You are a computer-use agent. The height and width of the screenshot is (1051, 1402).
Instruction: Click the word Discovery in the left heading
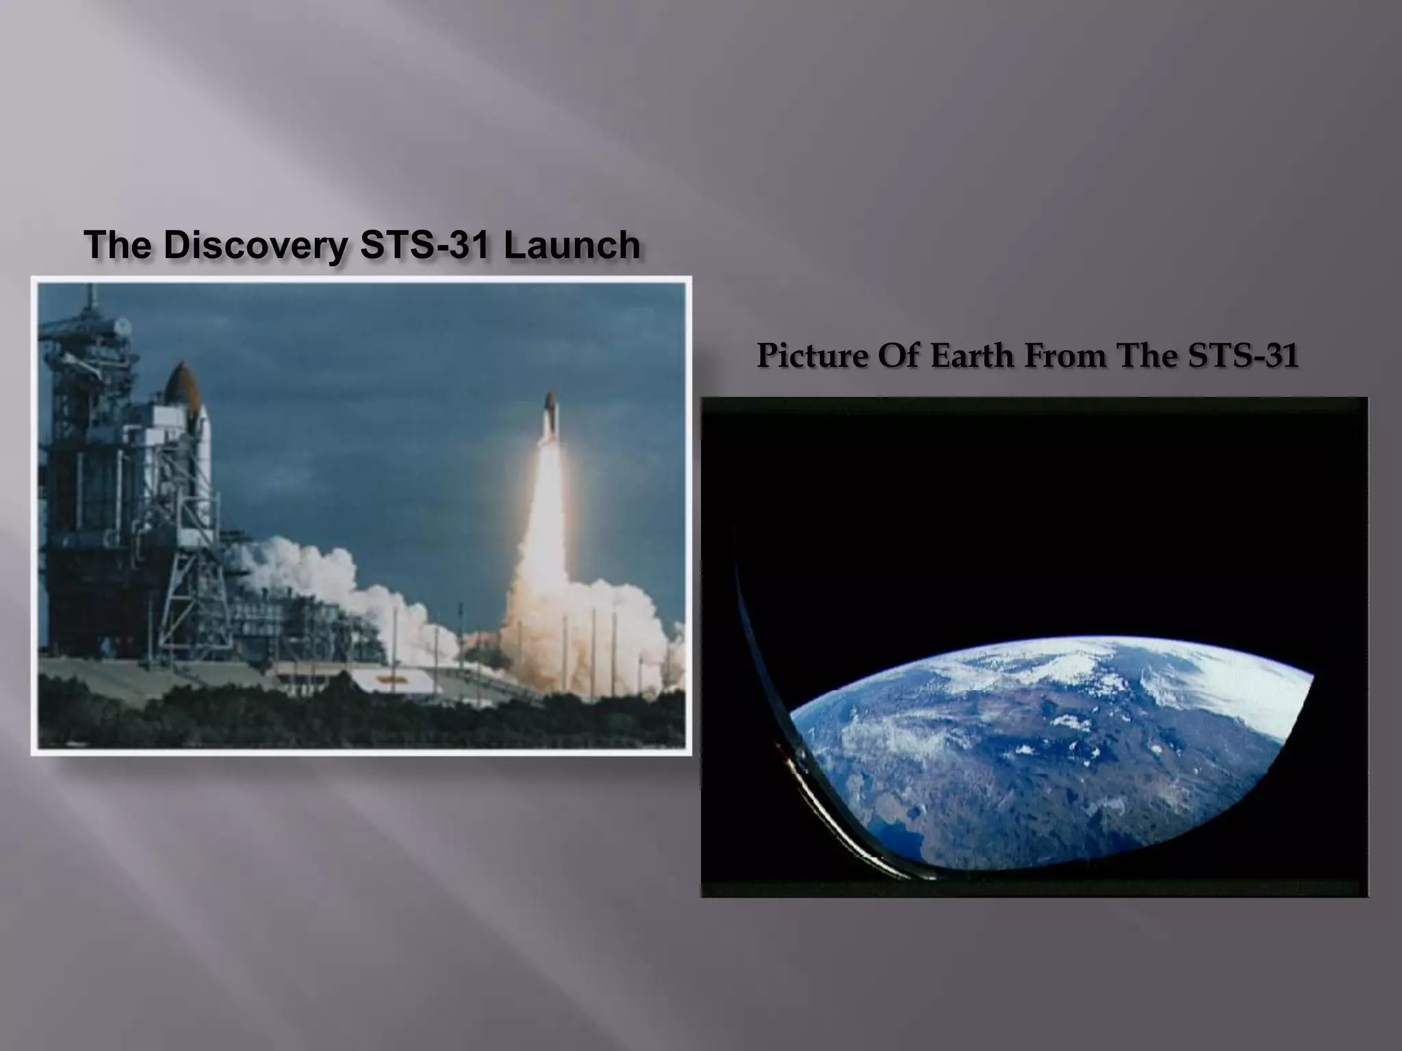point(255,246)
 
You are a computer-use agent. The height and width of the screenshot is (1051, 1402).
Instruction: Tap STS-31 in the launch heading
point(424,246)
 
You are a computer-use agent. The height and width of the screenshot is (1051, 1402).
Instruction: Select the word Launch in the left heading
point(572,246)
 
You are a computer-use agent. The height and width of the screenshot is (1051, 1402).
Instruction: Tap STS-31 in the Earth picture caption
point(1242,356)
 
